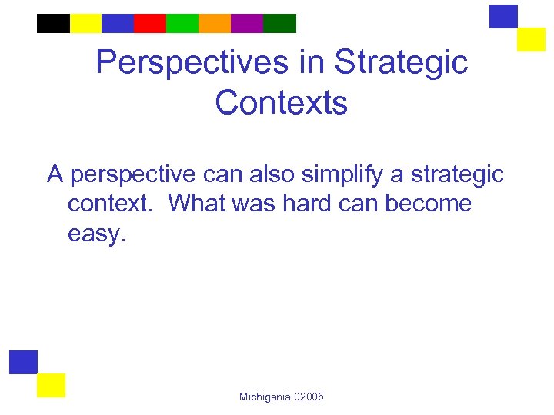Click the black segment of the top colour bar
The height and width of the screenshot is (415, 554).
[53, 23]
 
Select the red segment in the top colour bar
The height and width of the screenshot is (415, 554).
[149, 23]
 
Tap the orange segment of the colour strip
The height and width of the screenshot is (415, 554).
[214, 23]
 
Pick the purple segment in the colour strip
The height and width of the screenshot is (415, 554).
[246, 23]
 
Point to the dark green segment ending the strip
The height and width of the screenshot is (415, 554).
[279, 23]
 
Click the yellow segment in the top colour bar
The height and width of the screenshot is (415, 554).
[85, 23]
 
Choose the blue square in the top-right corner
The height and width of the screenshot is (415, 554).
[504, 16]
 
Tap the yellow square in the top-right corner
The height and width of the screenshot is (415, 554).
[531, 39]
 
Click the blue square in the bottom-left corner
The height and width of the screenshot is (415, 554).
[23, 362]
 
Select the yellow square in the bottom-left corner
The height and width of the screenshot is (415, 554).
[52, 385]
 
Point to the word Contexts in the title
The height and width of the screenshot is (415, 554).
[282, 102]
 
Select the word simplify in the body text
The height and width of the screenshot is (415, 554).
[339, 174]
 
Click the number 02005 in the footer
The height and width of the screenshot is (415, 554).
[309, 397]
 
